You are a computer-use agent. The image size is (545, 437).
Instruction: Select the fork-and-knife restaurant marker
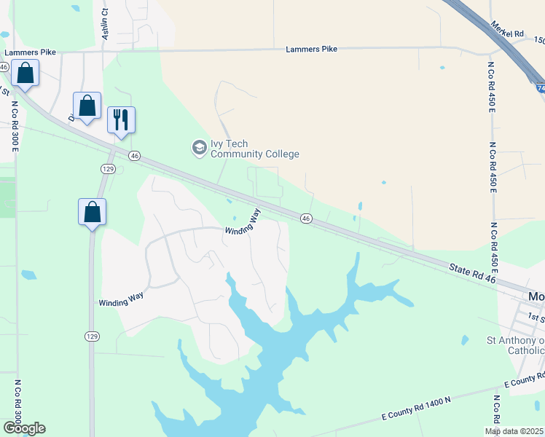click(121, 120)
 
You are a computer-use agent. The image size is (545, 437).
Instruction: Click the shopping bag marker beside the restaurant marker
click(87, 106)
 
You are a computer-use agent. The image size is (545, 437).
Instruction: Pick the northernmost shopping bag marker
click(25, 74)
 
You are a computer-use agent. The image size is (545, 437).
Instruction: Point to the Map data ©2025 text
click(514, 431)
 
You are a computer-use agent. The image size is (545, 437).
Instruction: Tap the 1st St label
click(536, 318)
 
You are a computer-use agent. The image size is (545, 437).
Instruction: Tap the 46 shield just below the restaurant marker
click(134, 155)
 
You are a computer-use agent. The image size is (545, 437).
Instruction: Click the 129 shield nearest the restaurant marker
click(108, 168)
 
